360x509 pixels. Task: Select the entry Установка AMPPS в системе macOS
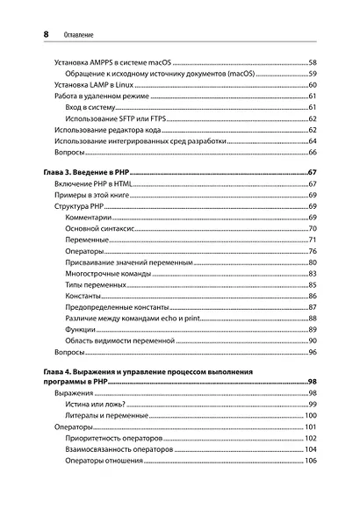113,63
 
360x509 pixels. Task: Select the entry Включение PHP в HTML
98,184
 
